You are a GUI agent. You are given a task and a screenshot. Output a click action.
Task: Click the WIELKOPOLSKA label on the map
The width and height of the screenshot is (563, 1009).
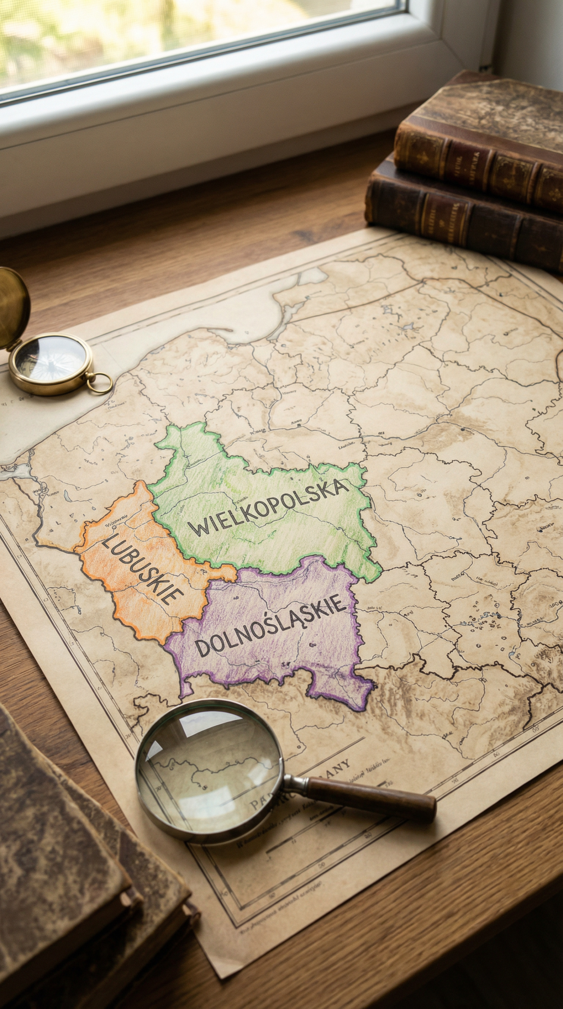(268, 508)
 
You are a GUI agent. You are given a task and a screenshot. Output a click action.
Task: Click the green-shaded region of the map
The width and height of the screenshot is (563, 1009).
(276, 544)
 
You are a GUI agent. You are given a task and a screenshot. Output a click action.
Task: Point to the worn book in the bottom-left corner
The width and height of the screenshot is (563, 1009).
(71, 907)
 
